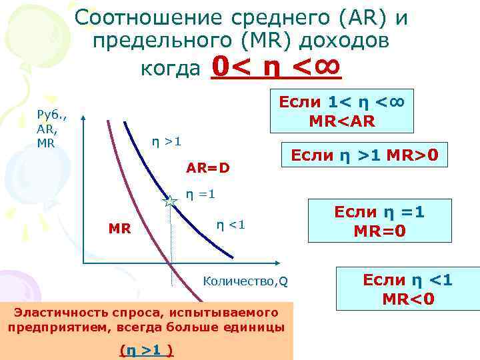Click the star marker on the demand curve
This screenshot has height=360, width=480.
(170, 201)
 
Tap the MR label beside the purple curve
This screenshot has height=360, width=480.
(119, 229)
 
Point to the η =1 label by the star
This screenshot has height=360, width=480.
(200, 195)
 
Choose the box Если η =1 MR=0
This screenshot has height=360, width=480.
(379, 221)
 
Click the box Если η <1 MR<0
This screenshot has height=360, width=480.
(407, 289)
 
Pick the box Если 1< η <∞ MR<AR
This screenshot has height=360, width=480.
(342, 111)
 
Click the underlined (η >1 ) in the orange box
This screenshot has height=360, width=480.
(146, 349)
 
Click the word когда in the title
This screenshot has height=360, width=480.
(171, 68)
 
